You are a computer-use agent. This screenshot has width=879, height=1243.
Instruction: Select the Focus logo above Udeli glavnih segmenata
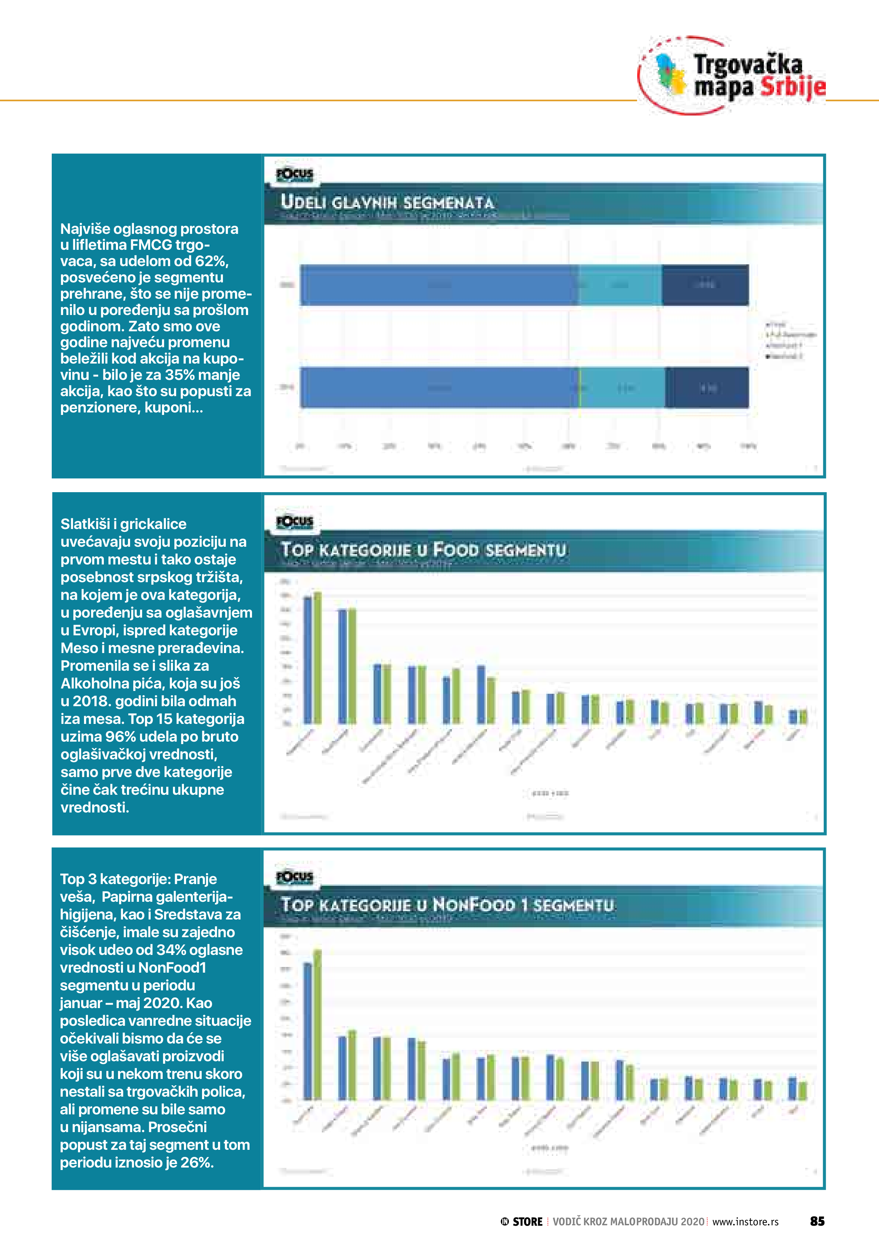point(295,174)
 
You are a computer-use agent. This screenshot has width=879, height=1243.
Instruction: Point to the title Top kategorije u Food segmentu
point(424,550)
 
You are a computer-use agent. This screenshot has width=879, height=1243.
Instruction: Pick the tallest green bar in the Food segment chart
point(318,658)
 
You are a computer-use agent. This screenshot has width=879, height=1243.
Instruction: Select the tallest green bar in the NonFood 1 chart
point(318,1025)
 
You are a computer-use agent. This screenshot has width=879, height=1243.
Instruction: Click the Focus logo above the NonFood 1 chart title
point(295,877)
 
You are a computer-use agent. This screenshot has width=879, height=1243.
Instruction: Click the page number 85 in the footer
point(817,1221)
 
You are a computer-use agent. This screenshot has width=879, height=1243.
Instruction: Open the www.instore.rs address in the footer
point(745,1222)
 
